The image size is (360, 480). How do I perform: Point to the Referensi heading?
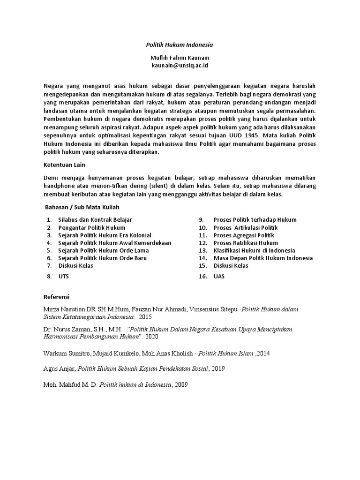click(x=56, y=297)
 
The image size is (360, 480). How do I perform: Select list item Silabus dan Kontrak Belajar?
click(x=95, y=219)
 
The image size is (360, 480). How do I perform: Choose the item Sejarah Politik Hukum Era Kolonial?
click(x=105, y=235)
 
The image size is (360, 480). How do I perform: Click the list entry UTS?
click(x=63, y=277)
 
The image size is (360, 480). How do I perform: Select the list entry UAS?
click(x=219, y=277)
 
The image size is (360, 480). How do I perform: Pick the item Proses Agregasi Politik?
click(x=244, y=235)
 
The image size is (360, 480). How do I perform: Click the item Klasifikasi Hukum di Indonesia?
click(x=254, y=250)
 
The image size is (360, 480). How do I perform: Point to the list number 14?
click(x=202, y=258)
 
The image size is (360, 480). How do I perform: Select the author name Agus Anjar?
click(x=59, y=368)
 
